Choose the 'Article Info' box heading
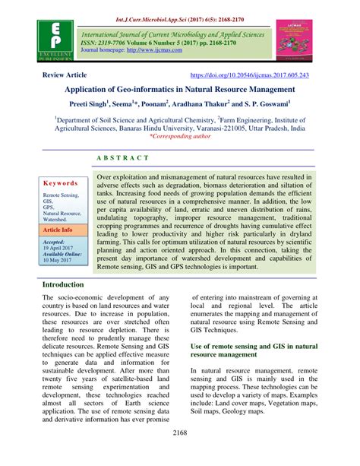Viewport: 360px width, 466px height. point(58,229)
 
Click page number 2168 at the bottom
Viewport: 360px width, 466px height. point(180,455)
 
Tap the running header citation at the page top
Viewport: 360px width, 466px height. point(179,10)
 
